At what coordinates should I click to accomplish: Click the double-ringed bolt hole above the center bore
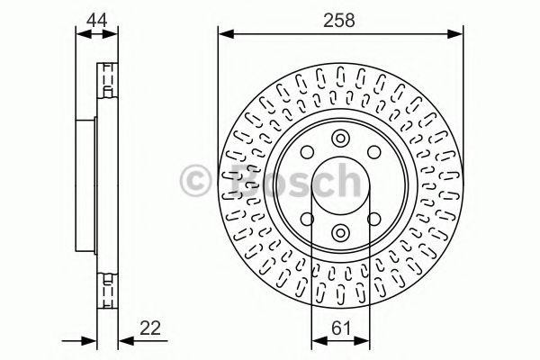tap(340, 139)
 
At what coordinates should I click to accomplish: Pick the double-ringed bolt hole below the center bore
tap(340, 232)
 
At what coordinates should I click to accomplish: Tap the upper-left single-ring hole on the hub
tap(306, 152)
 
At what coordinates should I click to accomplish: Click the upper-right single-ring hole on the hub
tap(373, 152)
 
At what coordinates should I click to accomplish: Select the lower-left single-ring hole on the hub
tap(306, 219)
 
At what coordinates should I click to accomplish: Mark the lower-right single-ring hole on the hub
tap(373, 219)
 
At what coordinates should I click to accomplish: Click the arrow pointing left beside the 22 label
tap(123, 340)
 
